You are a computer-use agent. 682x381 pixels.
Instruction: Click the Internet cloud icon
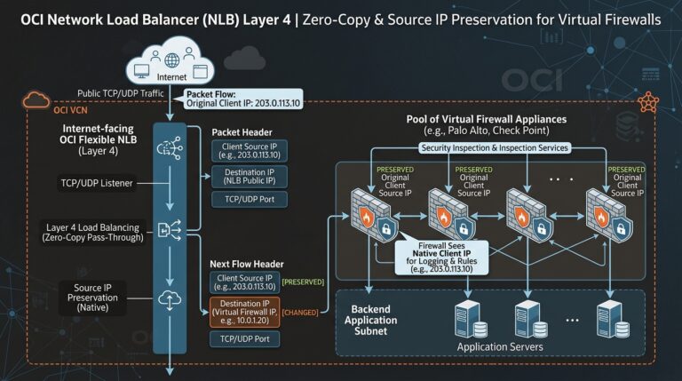[x=170, y=62]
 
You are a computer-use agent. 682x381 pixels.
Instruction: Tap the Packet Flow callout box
[x=243, y=99]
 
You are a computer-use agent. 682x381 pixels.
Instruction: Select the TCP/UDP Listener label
[x=97, y=183]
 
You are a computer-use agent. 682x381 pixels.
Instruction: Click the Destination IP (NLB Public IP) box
[x=250, y=177]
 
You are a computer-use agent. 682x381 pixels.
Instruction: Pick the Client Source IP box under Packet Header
[x=250, y=150]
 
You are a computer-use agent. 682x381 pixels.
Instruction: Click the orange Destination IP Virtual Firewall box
[x=244, y=313]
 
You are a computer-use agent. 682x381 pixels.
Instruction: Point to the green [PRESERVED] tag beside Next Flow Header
[x=303, y=282]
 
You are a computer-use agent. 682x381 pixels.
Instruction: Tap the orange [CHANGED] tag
[x=299, y=313]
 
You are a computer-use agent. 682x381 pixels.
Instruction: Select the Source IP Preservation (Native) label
[x=92, y=298]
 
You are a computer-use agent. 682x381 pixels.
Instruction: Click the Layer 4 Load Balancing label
[x=92, y=233]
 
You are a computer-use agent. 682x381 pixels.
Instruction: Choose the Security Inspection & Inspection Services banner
[x=495, y=148]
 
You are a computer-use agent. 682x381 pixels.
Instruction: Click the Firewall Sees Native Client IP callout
[x=441, y=257]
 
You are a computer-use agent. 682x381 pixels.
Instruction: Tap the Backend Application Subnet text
[x=370, y=320]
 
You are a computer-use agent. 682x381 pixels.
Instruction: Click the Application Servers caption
[x=500, y=346]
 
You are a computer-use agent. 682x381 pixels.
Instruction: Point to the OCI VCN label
[x=70, y=110]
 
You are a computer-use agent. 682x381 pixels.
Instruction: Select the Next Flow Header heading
[x=247, y=264]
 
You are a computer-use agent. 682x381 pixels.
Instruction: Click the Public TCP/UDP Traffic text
[x=121, y=93]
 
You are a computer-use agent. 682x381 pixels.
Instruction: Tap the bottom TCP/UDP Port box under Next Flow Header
[x=244, y=338]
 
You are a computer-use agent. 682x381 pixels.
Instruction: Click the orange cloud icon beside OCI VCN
[x=36, y=99]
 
